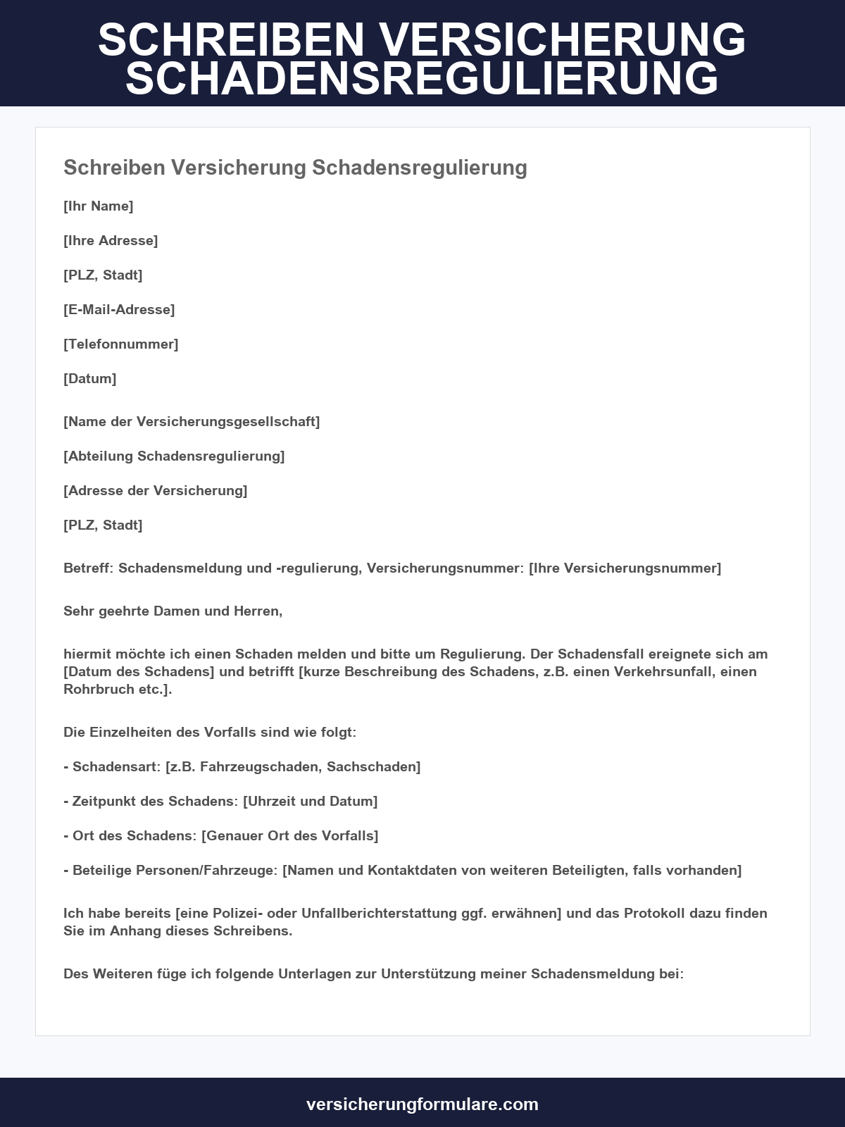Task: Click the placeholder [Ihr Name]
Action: point(99,206)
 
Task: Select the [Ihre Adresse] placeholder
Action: point(111,241)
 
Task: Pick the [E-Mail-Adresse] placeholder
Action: point(119,310)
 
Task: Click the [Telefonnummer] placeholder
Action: point(121,344)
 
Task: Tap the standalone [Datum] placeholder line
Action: point(90,379)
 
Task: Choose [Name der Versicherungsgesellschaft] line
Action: point(192,422)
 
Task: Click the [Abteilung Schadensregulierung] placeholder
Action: point(174,456)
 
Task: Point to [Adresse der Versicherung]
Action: point(156,491)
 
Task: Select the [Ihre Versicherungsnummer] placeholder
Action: point(625,568)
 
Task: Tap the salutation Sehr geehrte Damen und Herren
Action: point(173,611)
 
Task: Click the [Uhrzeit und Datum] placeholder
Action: point(310,802)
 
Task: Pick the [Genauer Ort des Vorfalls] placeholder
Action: point(290,836)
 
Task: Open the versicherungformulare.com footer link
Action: point(423,1104)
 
